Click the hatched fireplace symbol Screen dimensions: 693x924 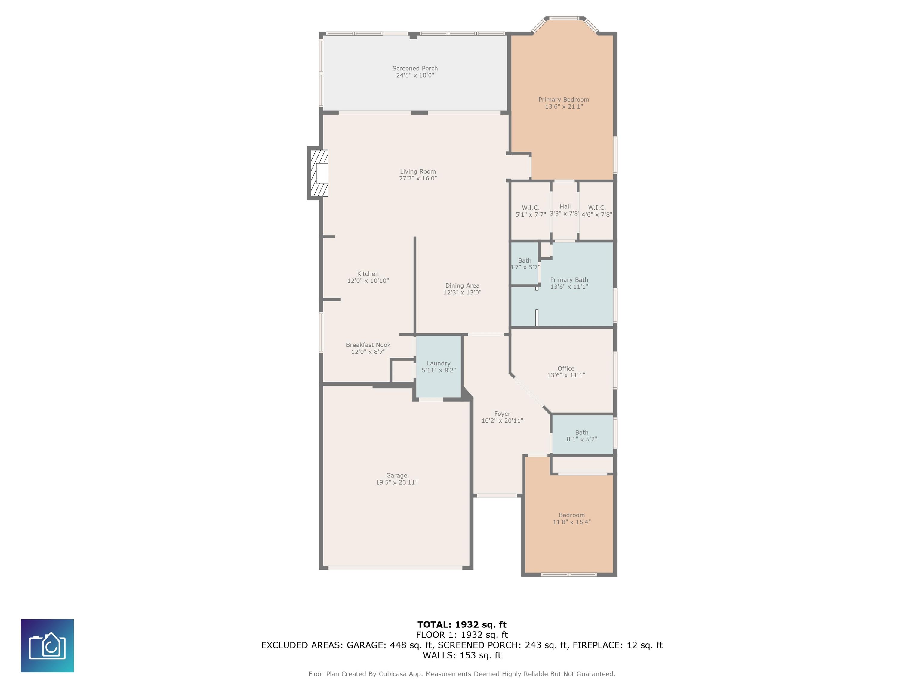pos(318,173)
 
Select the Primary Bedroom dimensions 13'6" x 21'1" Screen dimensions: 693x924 pos(563,106)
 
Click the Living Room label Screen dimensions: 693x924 pos(418,171)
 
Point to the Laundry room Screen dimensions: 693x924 pos(439,366)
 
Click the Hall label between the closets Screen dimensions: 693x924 pos(565,206)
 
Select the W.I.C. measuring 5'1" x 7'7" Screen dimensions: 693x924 pos(531,211)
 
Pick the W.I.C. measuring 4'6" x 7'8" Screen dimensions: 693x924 pos(596,211)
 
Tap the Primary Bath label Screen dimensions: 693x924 pos(569,280)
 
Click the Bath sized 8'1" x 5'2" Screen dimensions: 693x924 pos(581,436)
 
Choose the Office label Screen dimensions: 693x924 pos(565,368)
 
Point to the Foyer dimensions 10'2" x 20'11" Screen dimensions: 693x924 pos(502,421)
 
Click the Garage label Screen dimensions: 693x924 pos(396,475)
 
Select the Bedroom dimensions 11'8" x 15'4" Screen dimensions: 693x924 pos(571,522)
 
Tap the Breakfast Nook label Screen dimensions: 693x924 pos(368,345)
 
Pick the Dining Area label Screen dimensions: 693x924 pos(462,286)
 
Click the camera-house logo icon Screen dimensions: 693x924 pos(47,645)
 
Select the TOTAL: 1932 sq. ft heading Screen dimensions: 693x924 pos(462,624)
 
